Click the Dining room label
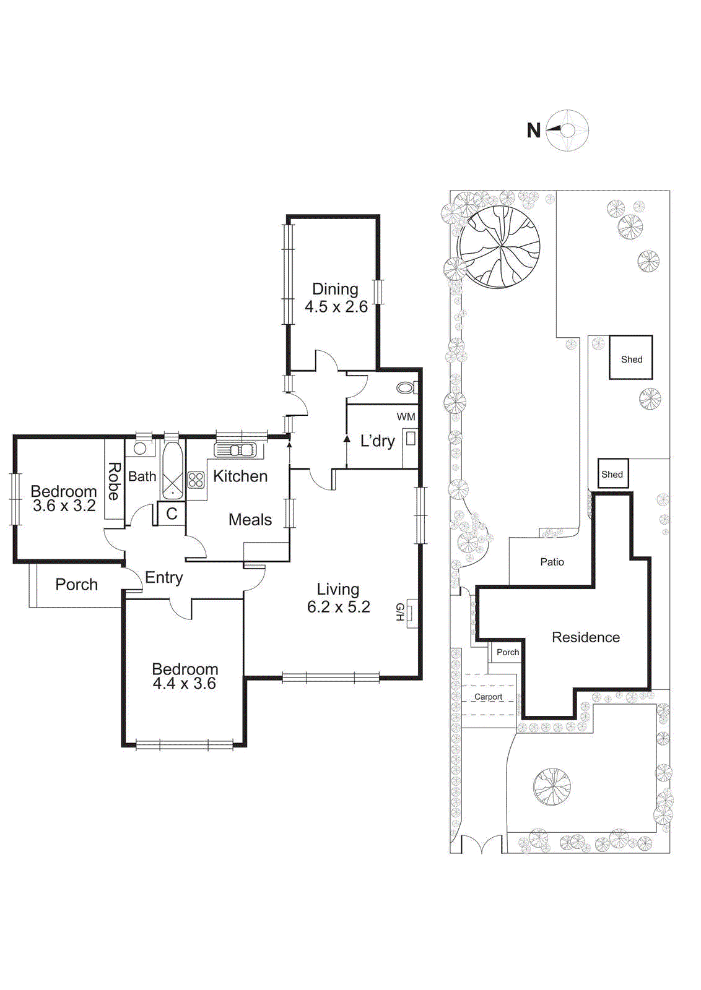[x=335, y=289]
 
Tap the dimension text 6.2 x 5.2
[x=338, y=607]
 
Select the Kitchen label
[x=240, y=476]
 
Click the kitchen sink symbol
[x=235, y=450]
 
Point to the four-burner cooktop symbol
[x=196, y=480]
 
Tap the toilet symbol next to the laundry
[x=406, y=388]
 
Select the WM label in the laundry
[x=406, y=417]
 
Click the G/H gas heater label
[x=400, y=612]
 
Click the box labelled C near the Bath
[x=172, y=514]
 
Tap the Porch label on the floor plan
[x=76, y=584]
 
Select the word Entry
[x=164, y=577]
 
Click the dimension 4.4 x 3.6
[x=185, y=684]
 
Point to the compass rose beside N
[x=568, y=131]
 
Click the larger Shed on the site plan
[x=631, y=358]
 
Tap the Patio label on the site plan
[x=552, y=562]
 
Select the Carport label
[x=488, y=697]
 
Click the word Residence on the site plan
[x=586, y=637]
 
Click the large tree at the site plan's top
[x=499, y=247]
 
